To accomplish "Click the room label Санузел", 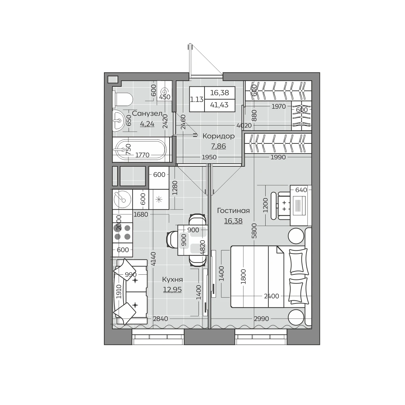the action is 147,113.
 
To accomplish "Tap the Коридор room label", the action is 219,136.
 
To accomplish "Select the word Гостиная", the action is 233,210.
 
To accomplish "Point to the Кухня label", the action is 172,279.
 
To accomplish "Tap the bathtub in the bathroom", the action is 141,150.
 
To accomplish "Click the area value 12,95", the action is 172,290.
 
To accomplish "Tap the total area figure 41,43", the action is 219,105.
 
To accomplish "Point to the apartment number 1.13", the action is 197,100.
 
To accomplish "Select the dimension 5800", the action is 255,231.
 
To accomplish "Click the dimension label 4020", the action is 244,126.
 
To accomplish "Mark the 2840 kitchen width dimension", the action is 161,319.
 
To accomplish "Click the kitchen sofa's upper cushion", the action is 125,270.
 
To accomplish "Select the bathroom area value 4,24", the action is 147,124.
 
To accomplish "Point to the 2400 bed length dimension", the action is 271,296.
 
